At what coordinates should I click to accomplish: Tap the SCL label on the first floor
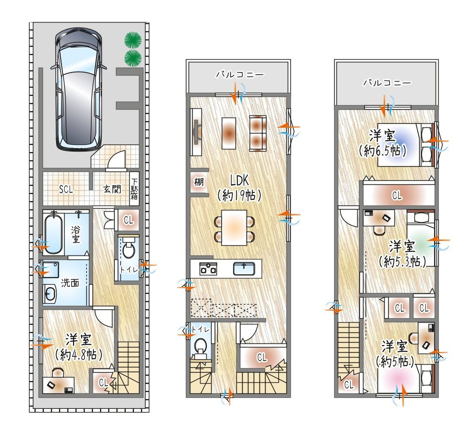pyautogui.click(x=66, y=190)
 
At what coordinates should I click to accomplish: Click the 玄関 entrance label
pyautogui.click(x=112, y=189)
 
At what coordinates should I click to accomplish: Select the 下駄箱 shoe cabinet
pyautogui.click(x=134, y=189)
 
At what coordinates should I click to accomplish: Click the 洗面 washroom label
pyautogui.click(x=70, y=283)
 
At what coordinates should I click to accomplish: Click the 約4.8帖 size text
pyautogui.click(x=78, y=355)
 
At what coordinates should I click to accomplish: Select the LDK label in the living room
pyautogui.click(x=239, y=180)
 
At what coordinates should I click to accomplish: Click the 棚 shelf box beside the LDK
pyautogui.click(x=199, y=182)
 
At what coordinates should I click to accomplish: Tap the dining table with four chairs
pyautogui.click(x=234, y=227)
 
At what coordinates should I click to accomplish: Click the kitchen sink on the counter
pyautogui.click(x=244, y=268)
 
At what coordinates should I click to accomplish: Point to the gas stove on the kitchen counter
pyautogui.click(x=208, y=268)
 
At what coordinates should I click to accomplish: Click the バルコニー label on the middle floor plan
pyautogui.click(x=240, y=74)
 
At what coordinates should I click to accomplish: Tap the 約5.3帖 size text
pyautogui.click(x=402, y=262)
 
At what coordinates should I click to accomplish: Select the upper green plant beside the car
pyautogui.click(x=133, y=39)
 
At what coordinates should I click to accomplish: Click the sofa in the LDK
pyautogui.click(x=258, y=133)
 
